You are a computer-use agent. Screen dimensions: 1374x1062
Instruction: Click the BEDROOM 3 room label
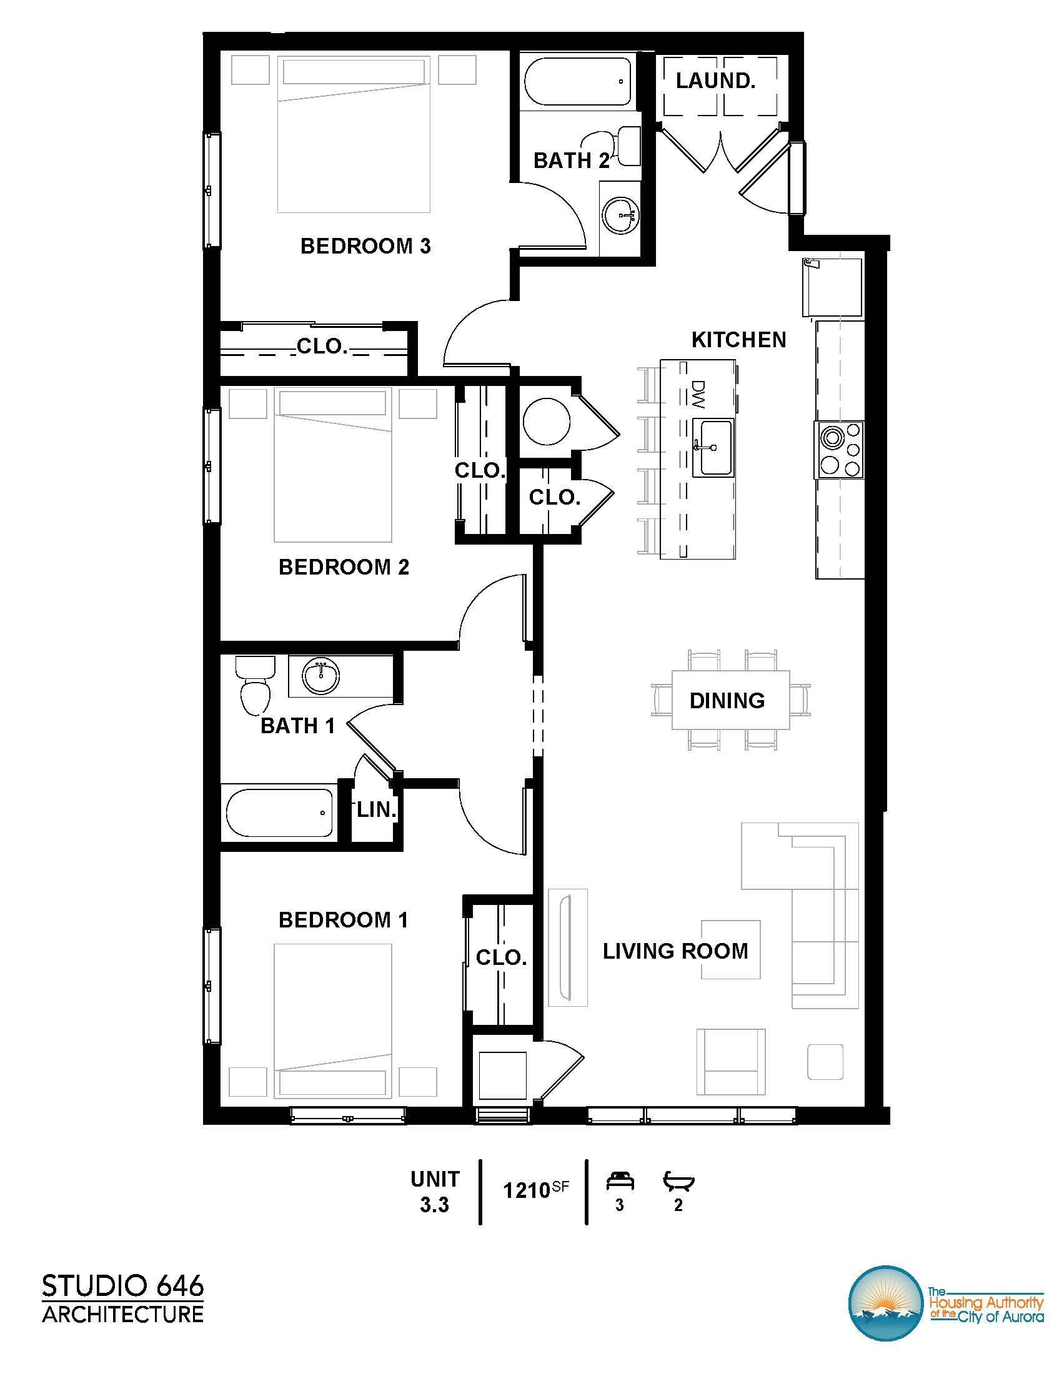[365, 246]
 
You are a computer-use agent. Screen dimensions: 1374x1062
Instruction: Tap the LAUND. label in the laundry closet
[715, 81]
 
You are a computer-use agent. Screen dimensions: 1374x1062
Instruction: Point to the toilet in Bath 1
[255, 688]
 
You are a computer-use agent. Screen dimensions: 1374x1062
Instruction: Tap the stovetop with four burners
[839, 450]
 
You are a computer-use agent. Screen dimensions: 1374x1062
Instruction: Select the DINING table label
[727, 701]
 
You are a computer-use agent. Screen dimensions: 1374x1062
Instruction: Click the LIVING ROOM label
[675, 951]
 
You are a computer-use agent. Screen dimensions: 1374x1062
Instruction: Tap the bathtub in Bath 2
[576, 82]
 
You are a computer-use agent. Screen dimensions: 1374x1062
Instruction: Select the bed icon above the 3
[620, 1182]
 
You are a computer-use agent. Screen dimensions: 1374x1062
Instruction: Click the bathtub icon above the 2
[678, 1182]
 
